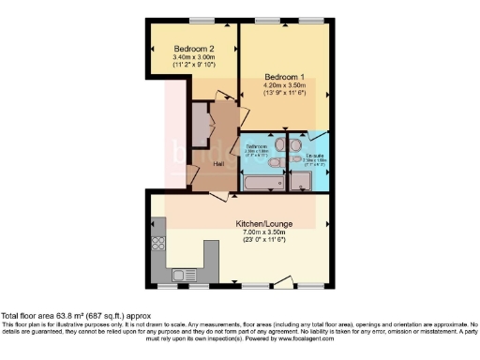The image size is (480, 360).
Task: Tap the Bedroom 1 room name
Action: pyautogui.click(x=283, y=77)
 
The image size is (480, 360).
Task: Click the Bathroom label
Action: pyautogui.click(x=258, y=145)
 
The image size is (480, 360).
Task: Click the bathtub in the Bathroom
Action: pyautogui.click(x=263, y=180)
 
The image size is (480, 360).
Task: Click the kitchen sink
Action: pyautogui.click(x=181, y=275)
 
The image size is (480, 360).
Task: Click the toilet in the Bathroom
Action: pyautogui.click(x=277, y=162)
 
